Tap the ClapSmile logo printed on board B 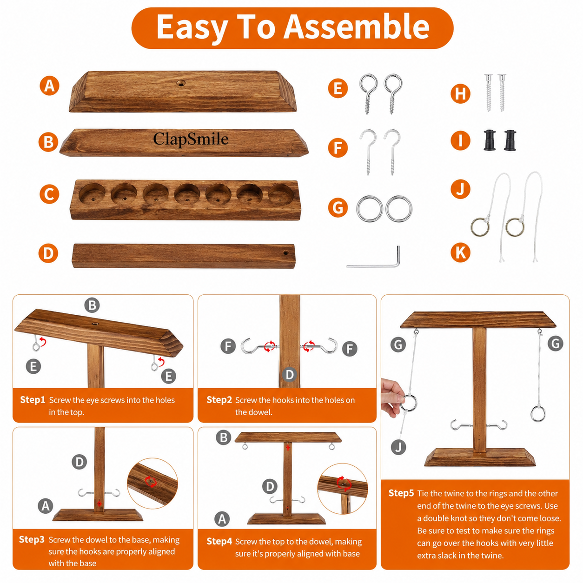coord(191,139)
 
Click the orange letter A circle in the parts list coord(49,86)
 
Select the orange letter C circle coord(49,194)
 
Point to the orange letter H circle coord(460,93)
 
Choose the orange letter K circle coord(460,252)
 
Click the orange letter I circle coord(460,140)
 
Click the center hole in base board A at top coord(181,83)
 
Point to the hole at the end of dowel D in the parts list coord(285,252)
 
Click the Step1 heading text coord(33,400)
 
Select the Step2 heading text coord(219,400)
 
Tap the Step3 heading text coord(32,539)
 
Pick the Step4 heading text coord(219,541)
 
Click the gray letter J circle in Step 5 coord(398,447)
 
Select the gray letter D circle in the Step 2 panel coord(290,375)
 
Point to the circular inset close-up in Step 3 coord(152,484)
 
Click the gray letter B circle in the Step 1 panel coord(92,305)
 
